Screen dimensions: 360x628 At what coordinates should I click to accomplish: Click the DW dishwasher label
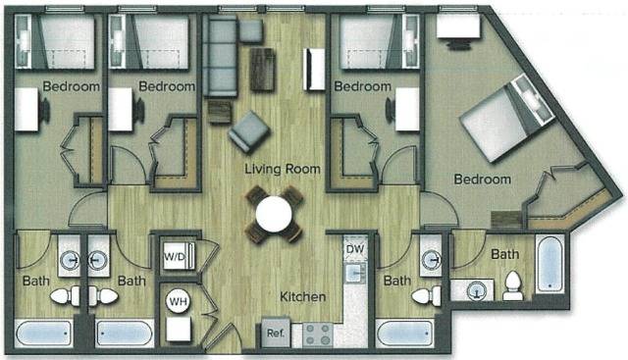pyautogui.click(x=354, y=249)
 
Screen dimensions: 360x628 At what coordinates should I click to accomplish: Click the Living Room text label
pyautogui.click(x=283, y=169)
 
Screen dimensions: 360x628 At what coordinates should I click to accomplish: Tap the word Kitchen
pyautogui.click(x=302, y=297)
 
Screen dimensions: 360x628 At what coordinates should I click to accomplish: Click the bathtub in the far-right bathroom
pyautogui.click(x=549, y=265)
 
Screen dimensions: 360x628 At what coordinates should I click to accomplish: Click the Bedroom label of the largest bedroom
pyautogui.click(x=482, y=180)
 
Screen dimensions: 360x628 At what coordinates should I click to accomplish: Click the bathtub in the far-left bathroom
pyautogui.click(x=46, y=333)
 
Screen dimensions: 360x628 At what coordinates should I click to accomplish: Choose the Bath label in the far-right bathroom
pyautogui.click(x=504, y=255)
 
